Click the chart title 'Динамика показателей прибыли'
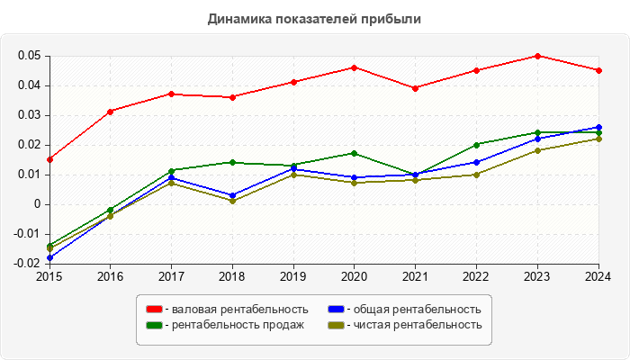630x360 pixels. coord(314,18)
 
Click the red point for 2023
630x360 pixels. coord(537,56)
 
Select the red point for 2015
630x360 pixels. coord(49,159)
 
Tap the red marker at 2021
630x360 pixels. coord(415,88)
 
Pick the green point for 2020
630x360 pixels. coord(354,153)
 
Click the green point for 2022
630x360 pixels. coord(476,144)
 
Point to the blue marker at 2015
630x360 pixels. coord(49,257)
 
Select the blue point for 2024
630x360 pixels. coord(598,127)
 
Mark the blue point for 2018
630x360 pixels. coord(232,195)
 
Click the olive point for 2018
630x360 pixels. coord(232,201)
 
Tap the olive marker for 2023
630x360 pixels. coord(537,150)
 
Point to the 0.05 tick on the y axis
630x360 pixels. coord(29,56)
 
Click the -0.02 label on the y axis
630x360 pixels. coord(28,264)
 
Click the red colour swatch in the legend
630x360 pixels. coord(154,309)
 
